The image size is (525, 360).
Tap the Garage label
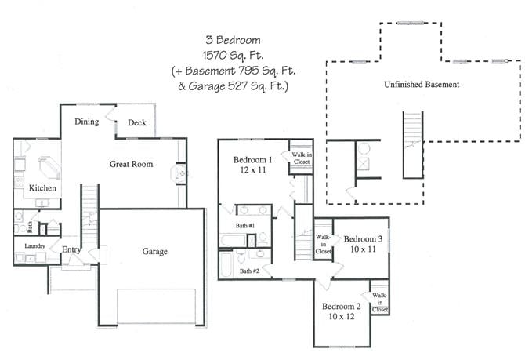[154, 252]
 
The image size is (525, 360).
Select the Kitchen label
[42, 189]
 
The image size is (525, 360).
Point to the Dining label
[86, 122]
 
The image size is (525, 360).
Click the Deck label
[137, 122]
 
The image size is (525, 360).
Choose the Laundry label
[34, 245]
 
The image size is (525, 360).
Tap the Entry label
[73, 249]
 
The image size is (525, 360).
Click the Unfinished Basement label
[422, 84]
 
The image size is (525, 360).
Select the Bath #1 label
[246, 226]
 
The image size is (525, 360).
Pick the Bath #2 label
[250, 271]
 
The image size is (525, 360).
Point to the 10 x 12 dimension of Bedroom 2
[341, 317]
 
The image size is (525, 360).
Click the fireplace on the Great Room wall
[181, 172]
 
